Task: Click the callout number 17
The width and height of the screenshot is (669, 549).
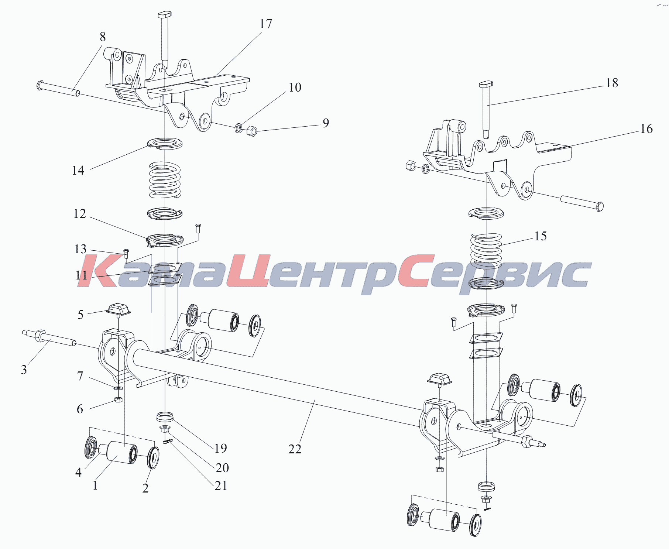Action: pyautogui.click(x=266, y=24)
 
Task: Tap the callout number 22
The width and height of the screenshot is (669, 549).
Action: pyautogui.click(x=295, y=449)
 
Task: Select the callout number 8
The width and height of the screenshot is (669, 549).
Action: pyautogui.click(x=103, y=37)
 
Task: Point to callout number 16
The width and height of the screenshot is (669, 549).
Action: pyautogui.click(x=646, y=128)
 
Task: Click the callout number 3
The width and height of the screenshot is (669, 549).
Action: pyautogui.click(x=24, y=370)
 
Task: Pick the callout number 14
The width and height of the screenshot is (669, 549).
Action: pyautogui.click(x=78, y=170)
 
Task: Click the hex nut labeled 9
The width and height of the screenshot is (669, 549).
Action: pyautogui.click(x=251, y=131)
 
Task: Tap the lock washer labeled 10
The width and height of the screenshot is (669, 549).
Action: pyautogui.click(x=239, y=128)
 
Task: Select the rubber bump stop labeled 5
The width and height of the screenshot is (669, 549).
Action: pyautogui.click(x=119, y=309)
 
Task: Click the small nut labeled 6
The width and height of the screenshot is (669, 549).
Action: pyautogui.click(x=118, y=399)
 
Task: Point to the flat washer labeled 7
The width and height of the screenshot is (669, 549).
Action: pyautogui.click(x=119, y=388)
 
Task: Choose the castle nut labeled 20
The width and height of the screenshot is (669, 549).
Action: pyautogui.click(x=165, y=429)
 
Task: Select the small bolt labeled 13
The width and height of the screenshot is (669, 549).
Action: pyautogui.click(x=126, y=254)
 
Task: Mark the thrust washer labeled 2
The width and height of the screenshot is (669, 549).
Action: pyautogui.click(x=153, y=458)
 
